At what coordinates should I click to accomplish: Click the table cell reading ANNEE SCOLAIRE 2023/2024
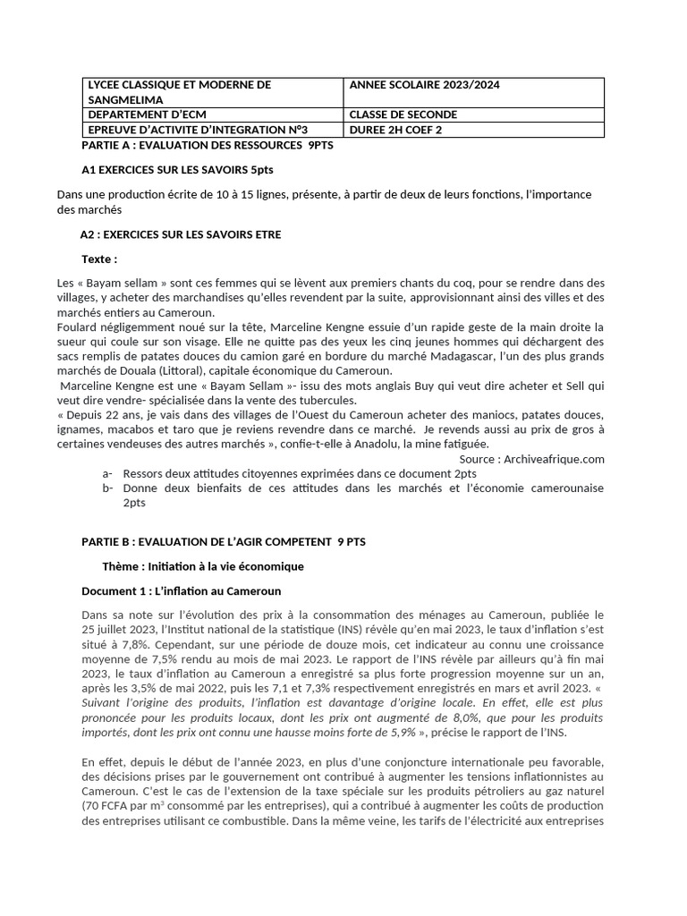(425, 85)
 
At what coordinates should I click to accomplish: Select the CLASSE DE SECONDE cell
(403, 114)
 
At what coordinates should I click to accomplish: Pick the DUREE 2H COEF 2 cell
(395, 130)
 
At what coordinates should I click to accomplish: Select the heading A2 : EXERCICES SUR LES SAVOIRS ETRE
(181, 234)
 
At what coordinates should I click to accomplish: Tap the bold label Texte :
(99, 259)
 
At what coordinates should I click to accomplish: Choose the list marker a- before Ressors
(107, 473)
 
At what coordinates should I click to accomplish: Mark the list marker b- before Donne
(107, 488)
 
